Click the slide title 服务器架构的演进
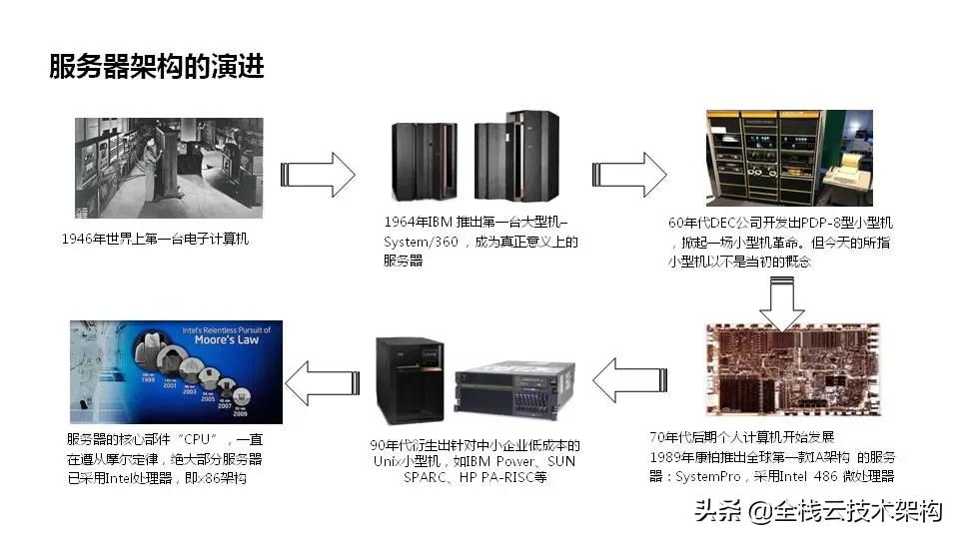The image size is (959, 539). [157, 67]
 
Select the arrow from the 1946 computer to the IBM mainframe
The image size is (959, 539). [318, 175]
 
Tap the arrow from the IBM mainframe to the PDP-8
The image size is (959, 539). [628, 175]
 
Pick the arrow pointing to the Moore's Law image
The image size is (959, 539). [321, 380]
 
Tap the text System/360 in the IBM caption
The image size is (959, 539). [418, 242]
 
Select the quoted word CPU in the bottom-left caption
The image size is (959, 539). [201, 440]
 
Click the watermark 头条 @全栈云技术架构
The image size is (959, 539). [818, 512]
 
